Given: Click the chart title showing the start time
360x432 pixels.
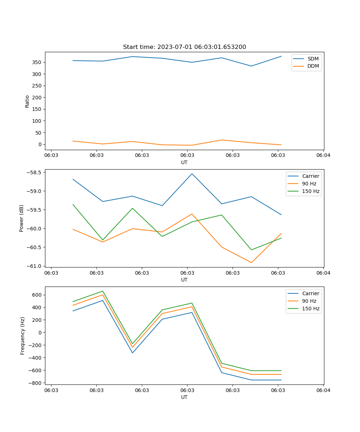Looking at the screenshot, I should pos(184,47).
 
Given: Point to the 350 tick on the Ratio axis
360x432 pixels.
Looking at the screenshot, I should pos(37,62).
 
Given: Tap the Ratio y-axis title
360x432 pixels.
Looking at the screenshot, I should pos(27,101).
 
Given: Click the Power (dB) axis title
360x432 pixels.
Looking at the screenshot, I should pos(22,218).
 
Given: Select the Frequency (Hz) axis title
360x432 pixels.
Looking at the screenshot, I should pos(23,336).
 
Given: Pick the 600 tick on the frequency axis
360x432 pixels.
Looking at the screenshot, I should pos(37,295).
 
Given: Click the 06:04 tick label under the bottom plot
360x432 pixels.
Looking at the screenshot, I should pos(323,390).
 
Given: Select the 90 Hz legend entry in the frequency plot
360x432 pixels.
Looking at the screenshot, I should pos(309,301).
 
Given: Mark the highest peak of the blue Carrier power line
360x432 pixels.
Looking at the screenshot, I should pos(192,174).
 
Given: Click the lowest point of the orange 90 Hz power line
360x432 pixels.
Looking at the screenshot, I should pos(251,262).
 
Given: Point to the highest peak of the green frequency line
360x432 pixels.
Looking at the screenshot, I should pos(103,291).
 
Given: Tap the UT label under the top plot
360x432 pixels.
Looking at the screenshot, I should pos(184,162).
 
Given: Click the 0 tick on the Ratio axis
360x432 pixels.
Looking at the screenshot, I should pos(40,144).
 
